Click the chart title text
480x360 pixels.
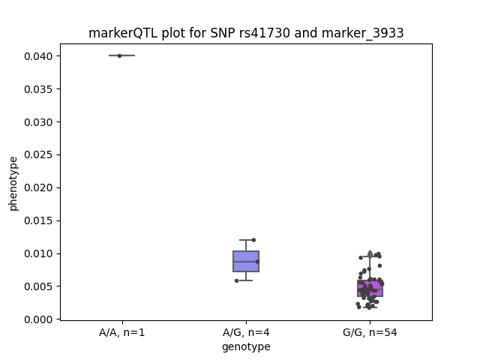[246, 33]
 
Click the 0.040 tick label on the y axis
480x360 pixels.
[38, 56]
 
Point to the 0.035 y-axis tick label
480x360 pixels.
[38, 89]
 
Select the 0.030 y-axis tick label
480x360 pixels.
[38, 122]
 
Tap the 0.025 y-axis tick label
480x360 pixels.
[38, 155]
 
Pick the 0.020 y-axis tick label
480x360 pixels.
[38, 187]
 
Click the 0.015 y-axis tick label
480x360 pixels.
[38, 220]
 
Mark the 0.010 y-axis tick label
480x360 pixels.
[38, 253]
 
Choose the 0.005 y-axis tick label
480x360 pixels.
[38, 286]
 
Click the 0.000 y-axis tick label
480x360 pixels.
[38, 319]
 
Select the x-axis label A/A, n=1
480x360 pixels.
[121, 333]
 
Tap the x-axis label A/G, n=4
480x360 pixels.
[246, 333]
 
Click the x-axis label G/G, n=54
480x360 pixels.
[370, 333]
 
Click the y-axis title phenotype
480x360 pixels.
[13, 184]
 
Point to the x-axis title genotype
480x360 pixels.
[246, 346]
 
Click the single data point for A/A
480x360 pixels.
[120, 55]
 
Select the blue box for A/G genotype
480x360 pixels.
[246, 261]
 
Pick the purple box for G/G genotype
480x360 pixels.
[370, 288]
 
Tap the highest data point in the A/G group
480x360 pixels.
[253, 240]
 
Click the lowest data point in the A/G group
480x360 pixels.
[237, 280]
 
